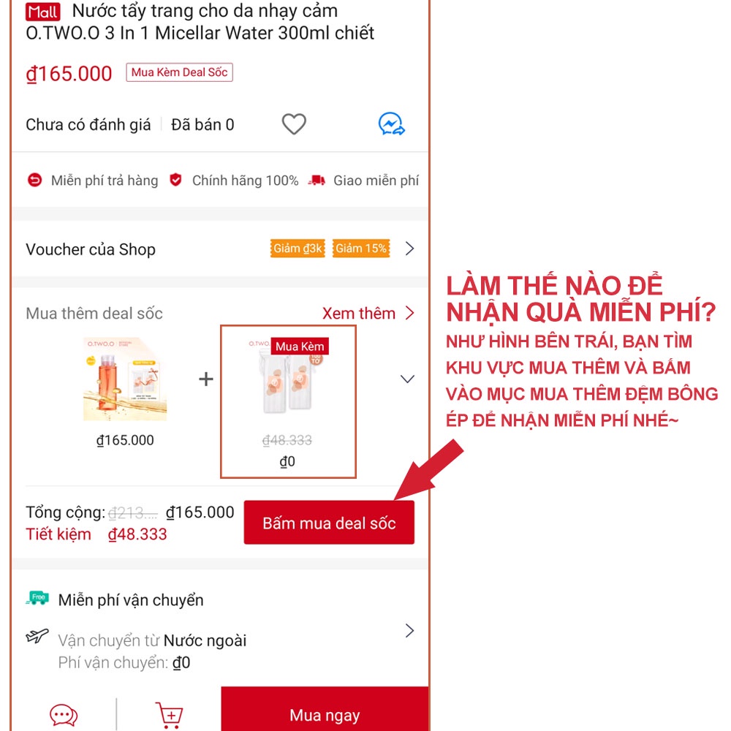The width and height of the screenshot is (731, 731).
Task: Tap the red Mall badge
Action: (42, 12)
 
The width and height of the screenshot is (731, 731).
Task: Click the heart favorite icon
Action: (294, 124)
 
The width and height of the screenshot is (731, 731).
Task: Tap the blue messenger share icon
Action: (392, 124)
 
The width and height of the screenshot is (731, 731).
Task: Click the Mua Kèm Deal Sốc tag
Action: (179, 72)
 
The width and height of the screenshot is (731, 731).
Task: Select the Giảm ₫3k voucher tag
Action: (298, 249)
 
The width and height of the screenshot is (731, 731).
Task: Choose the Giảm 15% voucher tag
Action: (361, 249)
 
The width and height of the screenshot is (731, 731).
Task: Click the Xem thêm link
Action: (368, 314)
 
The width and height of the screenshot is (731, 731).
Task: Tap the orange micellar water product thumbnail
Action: (125, 379)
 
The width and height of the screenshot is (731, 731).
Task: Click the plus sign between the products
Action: (206, 379)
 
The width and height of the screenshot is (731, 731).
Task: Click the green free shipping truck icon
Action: (37, 599)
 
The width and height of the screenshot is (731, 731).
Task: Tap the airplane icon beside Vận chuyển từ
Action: (37, 636)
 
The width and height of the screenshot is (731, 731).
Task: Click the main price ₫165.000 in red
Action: (69, 74)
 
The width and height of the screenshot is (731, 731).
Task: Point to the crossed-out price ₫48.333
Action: (287, 440)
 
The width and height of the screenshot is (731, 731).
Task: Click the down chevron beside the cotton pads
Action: (408, 379)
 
